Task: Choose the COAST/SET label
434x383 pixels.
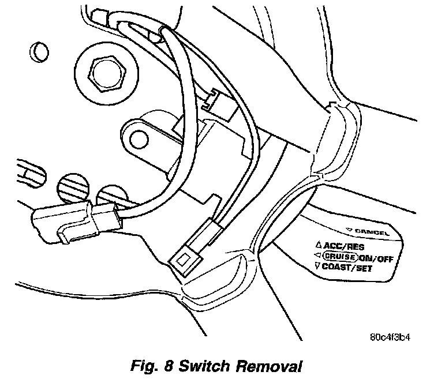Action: point(348,268)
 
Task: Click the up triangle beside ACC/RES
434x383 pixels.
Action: point(318,245)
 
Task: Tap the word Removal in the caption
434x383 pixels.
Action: point(271,366)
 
